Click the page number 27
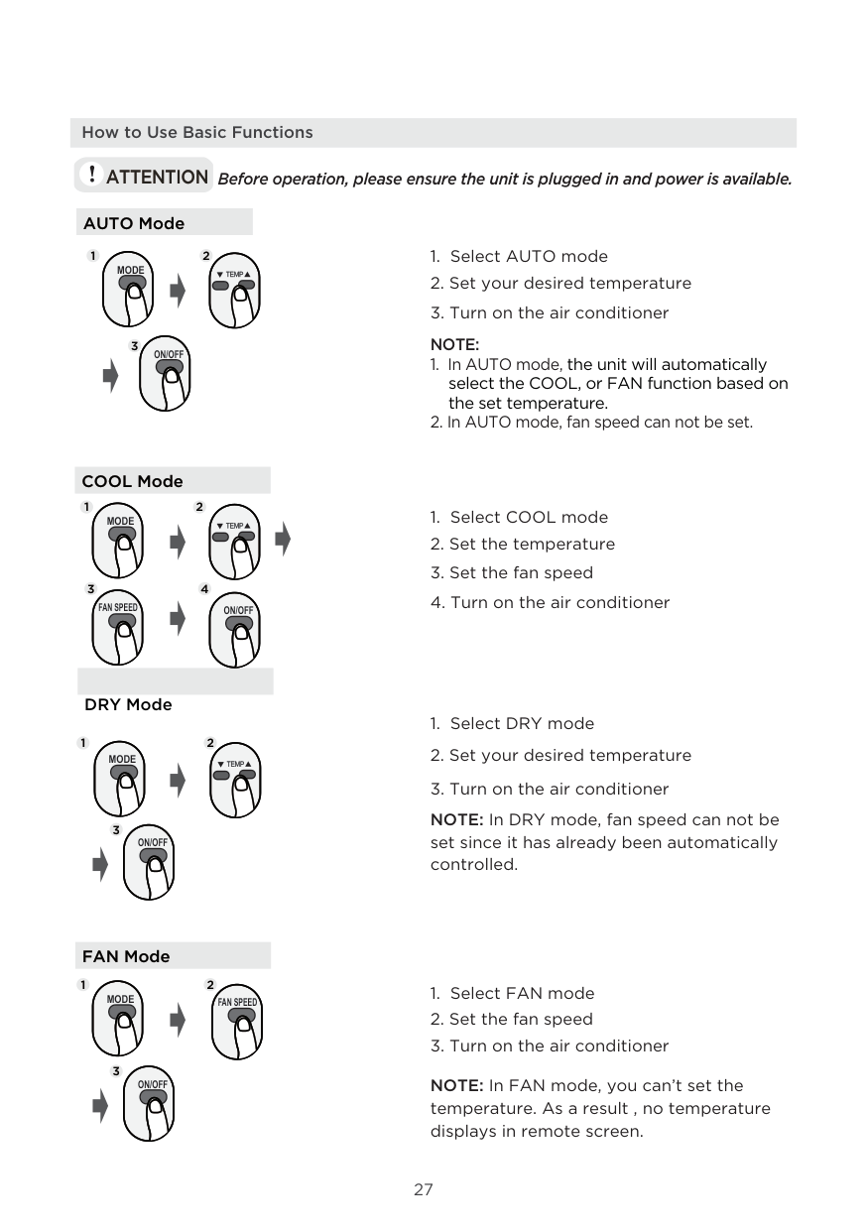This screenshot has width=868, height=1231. [x=424, y=1189]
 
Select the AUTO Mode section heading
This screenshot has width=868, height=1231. [x=134, y=223]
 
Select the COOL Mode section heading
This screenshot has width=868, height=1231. [x=132, y=481]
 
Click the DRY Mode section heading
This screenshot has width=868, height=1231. [x=128, y=704]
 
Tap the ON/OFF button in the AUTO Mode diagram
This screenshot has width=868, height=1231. [x=170, y=368]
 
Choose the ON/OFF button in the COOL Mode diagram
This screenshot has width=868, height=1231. [x=238, y=623]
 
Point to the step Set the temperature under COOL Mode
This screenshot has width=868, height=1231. [x=523, y=544]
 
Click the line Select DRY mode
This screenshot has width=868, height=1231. [x=512, y=724]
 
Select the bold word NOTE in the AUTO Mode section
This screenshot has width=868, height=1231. [x=454, y=345]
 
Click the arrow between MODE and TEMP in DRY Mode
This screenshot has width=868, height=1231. [x=178, y=781]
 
